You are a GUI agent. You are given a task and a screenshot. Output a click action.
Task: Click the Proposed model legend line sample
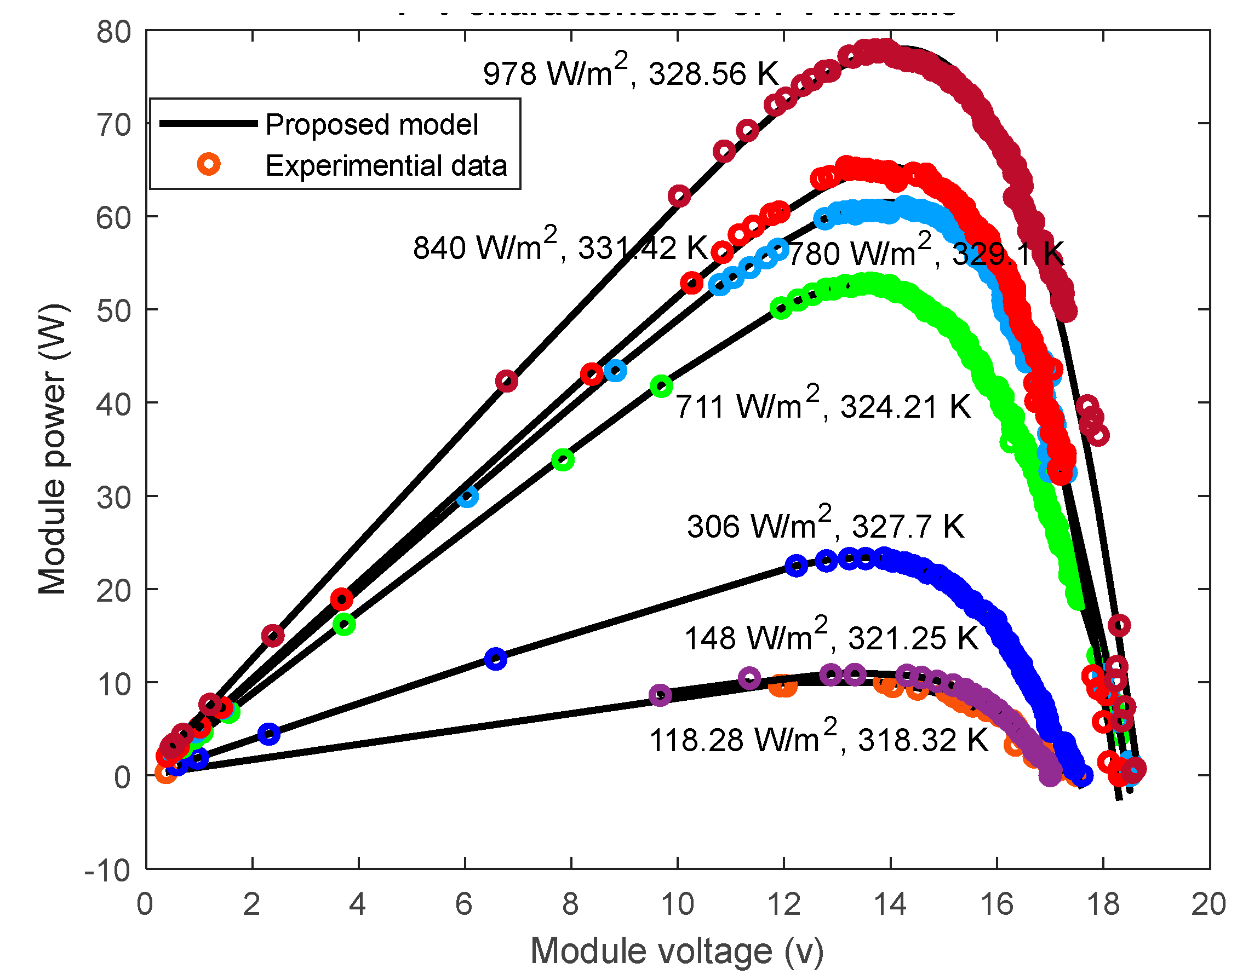tap(208, 123)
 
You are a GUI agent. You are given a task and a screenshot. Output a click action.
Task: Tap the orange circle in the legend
tap(209, 165)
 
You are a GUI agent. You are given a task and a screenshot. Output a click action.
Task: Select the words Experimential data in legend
tap(386, 165)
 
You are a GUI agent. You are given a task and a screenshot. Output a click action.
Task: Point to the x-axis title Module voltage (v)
tap(677, 951)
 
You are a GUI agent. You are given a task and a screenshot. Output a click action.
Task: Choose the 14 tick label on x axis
tap(890, 904)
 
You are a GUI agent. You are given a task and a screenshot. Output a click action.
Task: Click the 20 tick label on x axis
tap(1209, 904)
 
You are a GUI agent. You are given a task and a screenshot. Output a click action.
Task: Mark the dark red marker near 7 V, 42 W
tap(506, 381)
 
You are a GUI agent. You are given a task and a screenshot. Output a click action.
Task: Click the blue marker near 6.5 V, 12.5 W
tap(496, 659)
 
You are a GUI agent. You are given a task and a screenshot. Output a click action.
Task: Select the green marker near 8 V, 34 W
tap(563, 459)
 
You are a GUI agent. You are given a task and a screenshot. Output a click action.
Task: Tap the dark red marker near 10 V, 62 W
tap(679, 196)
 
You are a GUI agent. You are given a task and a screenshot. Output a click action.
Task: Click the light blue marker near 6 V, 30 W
tap(468, 497)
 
